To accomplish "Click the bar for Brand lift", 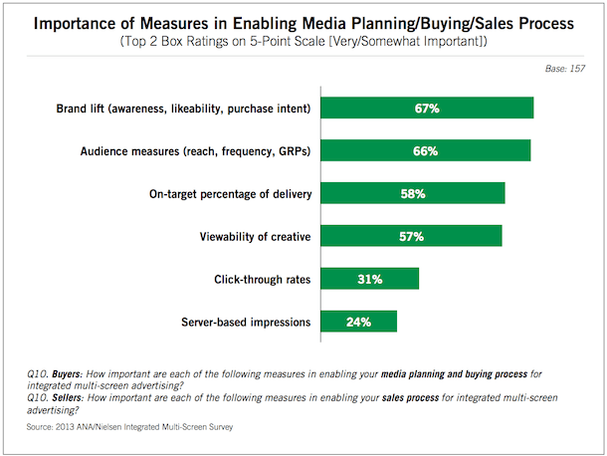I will click(x=428, y=108).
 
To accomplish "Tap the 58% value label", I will click(x=413, y=193).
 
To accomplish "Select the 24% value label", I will click(x=359, y=322).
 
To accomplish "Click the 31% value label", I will click(x=370, y=279).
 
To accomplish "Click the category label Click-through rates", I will click(x=262, y=280).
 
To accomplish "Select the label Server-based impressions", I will click(x=246, y=323).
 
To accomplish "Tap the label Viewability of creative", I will click(x=252, y=237).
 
